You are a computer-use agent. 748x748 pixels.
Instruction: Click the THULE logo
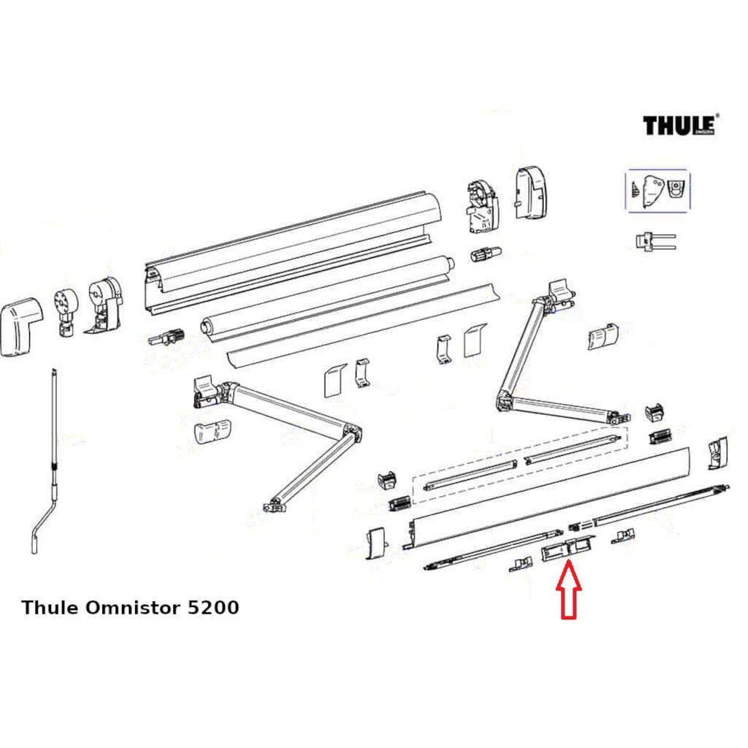point(679,125)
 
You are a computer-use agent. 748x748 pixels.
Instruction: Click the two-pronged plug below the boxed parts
point(654,242)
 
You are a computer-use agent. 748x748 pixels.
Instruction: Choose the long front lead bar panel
point(548,497)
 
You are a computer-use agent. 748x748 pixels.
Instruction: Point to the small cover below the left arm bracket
point(212,432)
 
